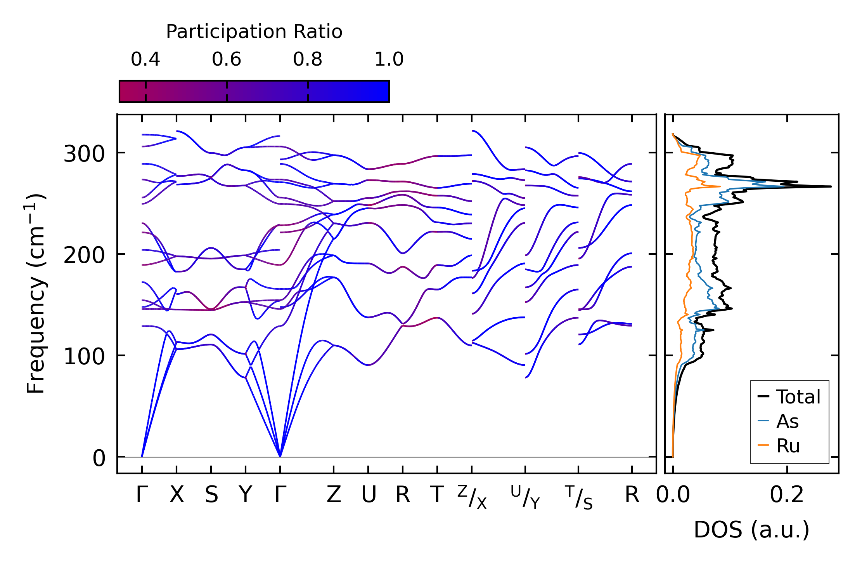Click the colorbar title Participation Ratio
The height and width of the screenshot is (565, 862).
pyautogui.click(x=254, y=32)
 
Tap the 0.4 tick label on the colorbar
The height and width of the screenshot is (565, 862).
pyautogui.click(x=145, y=59)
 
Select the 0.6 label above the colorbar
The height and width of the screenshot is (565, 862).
pyautogui.click(x=227, y=59)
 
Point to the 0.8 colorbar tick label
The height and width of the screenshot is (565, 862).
pyautogui.click(x=308, y=59)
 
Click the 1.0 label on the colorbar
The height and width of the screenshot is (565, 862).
pyautogui.click(x=389, y=59)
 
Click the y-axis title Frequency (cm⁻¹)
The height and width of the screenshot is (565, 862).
pyautogui.click(x=36, y=294)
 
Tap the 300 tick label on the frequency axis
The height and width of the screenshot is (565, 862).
pyautogui.click(x=84, y=154)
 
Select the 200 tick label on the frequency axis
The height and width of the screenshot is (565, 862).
pyautogui.click(x=84, y=256)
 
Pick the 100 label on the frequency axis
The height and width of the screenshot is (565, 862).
pyautogui.click(x=84, y=356)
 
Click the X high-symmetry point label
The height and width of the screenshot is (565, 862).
pyautogui.click(x=177, y=495)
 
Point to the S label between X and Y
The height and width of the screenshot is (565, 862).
pyautogui.click(x=211, y=495)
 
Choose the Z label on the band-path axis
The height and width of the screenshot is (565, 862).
pyautogui.click(x=334, y=495)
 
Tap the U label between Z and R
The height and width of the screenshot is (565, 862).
pyautogui.click(x=369, y=495)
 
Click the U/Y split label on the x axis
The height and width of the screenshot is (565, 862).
pyautogui.click(x=525, y=497)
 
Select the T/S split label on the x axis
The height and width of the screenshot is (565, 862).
pyautogui.click(x=578, y=497)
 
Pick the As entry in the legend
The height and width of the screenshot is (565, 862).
pyautogui.click(x=787, y=421)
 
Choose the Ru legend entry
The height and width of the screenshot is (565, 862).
pyautogui.click(x=788, y=446)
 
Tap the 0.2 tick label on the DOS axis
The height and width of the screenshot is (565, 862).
pyautogui.click(x=787, y=495)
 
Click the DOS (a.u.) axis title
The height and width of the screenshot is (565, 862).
pyautogui.click(x=751, y=530)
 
